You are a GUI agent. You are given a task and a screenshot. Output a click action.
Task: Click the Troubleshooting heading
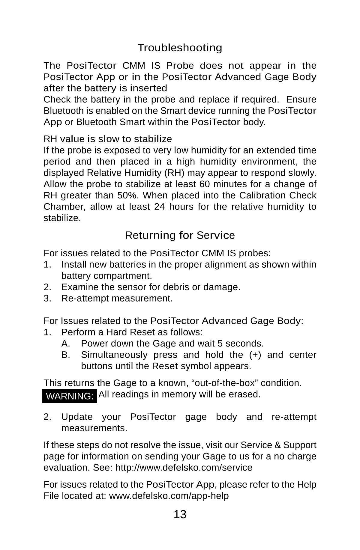(x=180, y=48)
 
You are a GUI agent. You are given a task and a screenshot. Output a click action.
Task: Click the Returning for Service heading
(x=180, y=235)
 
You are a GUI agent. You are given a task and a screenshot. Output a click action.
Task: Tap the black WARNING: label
(x=70, y=396)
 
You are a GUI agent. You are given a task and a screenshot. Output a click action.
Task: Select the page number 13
(x=180, y=514)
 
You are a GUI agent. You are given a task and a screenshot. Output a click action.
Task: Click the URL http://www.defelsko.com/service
(x=184, y=468)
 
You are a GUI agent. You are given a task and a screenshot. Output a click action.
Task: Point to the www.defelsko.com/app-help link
(x=169, y=496)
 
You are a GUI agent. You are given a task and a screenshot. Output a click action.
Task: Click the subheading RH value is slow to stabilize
(x=108, y=139)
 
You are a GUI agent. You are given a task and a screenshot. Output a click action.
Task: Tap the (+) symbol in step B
(x=255, y=355)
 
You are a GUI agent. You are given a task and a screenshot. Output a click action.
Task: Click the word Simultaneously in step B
(x=114, y=355)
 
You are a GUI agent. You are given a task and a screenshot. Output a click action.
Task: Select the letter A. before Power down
(x=66, y=343)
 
